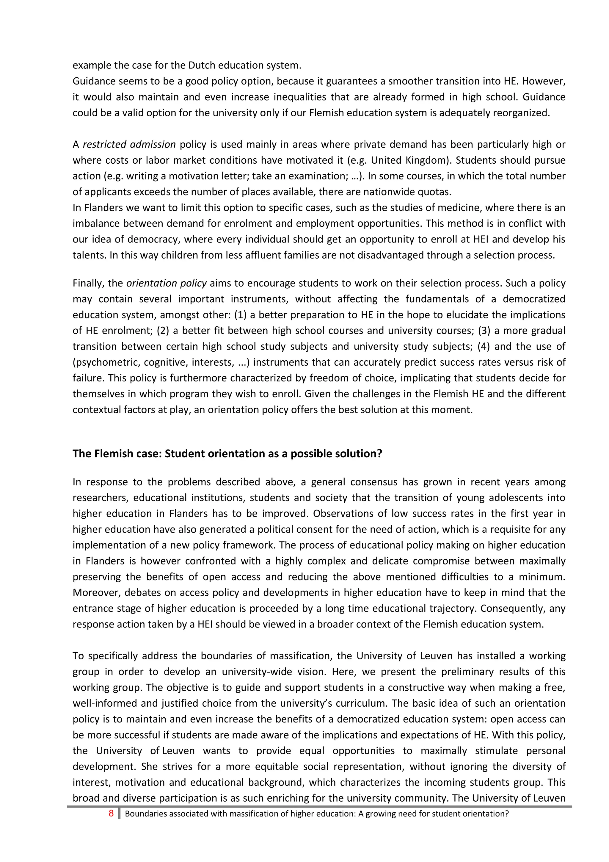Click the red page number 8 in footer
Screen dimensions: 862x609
tap(111, 813)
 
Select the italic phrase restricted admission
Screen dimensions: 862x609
tap(129, 145)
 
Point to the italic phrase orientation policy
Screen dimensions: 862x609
tap(166, 283)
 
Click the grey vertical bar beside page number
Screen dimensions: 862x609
tap(119, 813)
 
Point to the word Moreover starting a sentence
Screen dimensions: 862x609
tap(96, 592)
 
